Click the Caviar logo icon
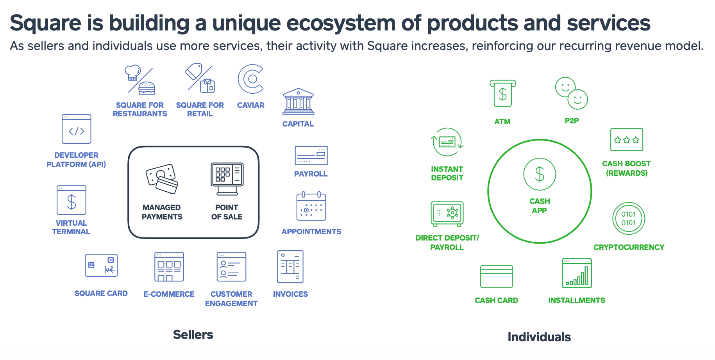coord(250,79)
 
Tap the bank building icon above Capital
coord(298,101)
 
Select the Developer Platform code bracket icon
coord(77,129)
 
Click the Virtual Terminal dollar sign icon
coord(71,200)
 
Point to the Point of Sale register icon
coord(227,179)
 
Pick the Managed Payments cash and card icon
coord(162,178)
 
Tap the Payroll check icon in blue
coord(311,155)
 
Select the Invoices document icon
coord(290,267)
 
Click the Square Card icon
coord(101,266)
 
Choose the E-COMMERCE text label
coord(169,294)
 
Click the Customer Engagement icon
coord(232,267)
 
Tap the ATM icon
coord(502,94)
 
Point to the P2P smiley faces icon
coord(572,93)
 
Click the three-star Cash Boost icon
coord(627,139)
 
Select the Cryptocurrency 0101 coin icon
coord(629,218)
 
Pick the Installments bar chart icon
coord(577,273)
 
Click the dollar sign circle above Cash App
coord(540,174)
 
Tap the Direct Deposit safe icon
coord(447,214)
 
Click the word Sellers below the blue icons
coord(193,335)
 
